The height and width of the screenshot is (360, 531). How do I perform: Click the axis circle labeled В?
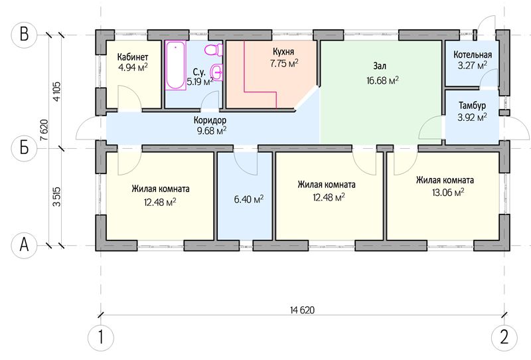(24, 35)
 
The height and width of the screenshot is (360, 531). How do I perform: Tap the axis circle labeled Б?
(24, 148)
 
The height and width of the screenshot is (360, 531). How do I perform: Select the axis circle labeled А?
(24, 244)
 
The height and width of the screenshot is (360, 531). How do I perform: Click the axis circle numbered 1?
(101, 337)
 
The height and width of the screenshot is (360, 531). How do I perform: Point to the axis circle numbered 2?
(504, 337)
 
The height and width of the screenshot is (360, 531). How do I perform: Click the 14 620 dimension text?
(303, 310)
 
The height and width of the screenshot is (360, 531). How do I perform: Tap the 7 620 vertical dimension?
(44, 130)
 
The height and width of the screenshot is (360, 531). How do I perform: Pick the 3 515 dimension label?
(56, 197)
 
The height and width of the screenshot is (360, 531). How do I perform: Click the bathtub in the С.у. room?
(176, 65)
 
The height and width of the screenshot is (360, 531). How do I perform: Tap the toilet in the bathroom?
(213, 50)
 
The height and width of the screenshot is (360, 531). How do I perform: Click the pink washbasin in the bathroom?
(216, 72)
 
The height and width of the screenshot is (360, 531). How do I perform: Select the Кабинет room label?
(133, 56)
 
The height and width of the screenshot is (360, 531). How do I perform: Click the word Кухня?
(283, 52)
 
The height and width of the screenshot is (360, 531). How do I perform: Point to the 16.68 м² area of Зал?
(382, 80)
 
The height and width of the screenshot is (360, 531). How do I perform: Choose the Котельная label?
(473, 54)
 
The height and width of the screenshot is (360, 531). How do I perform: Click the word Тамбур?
(472, 106)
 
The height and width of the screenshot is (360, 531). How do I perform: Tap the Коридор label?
(210, 120)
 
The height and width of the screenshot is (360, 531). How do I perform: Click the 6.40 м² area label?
(248, 199)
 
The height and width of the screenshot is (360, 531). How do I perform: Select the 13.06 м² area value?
(447, 193)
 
